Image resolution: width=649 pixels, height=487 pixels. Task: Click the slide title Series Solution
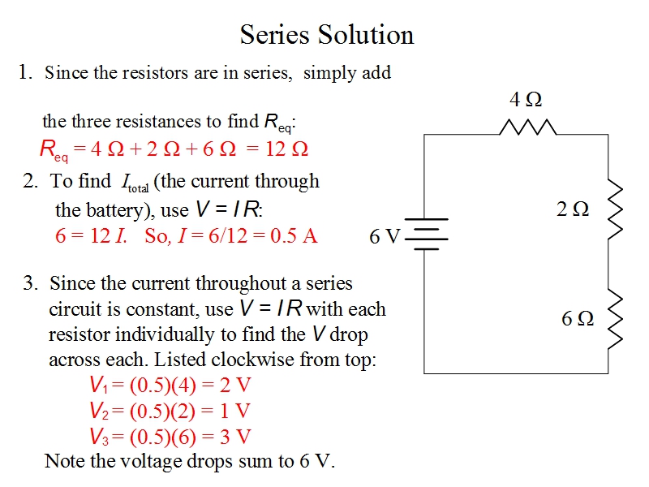pos(327,35)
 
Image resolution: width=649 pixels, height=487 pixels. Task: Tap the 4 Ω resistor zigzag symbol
pos(528,127)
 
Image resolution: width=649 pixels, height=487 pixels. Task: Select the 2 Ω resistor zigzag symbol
pos(614,207)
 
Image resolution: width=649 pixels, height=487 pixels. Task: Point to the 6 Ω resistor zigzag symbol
pos(614,318)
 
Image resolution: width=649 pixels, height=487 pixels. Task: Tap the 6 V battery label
pos(385,236)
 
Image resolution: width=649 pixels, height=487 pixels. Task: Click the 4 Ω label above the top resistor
pos(526,100)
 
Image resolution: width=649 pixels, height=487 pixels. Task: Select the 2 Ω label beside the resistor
pos(573,209)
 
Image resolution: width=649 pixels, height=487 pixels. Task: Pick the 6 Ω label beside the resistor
pos(578,318)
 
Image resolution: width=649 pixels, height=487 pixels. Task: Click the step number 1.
pos(25,72)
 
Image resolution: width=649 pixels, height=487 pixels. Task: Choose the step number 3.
pos(31,283)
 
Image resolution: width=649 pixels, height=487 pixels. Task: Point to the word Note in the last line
pos(63,461)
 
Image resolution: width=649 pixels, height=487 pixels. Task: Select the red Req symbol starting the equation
pos(54,150)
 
